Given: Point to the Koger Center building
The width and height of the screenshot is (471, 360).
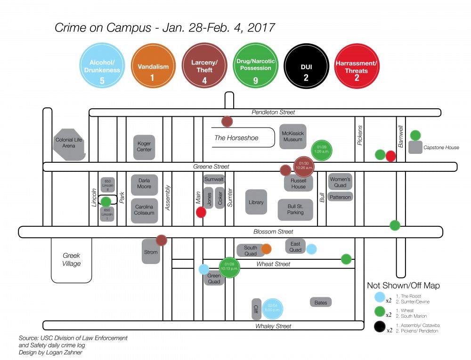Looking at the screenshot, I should click(x=144, y=146).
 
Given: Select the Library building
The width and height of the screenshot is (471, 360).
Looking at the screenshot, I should click(x=256, y=202).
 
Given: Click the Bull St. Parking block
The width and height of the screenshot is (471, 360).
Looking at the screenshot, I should click(x=295, y=209).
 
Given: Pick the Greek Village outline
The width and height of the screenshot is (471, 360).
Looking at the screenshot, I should click(x=72, y=260).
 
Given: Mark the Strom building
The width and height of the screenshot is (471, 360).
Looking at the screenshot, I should click(x=151, y=252).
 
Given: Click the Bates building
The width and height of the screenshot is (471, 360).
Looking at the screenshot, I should click(x=321, y=302).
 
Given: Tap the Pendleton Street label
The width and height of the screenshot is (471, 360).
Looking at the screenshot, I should click(x=273, y=112).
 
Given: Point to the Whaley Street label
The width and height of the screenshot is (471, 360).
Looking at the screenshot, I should click(x=273, y=326).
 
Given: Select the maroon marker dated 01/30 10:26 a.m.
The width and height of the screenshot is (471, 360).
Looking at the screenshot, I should click(x=303, y=165).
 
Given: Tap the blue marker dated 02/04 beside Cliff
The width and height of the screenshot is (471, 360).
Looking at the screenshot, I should click(x=272, y=308).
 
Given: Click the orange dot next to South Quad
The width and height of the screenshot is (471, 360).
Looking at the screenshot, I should click(x=266, y=249).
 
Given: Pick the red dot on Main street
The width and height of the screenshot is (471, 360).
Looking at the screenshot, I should click(x=201, y=212).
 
